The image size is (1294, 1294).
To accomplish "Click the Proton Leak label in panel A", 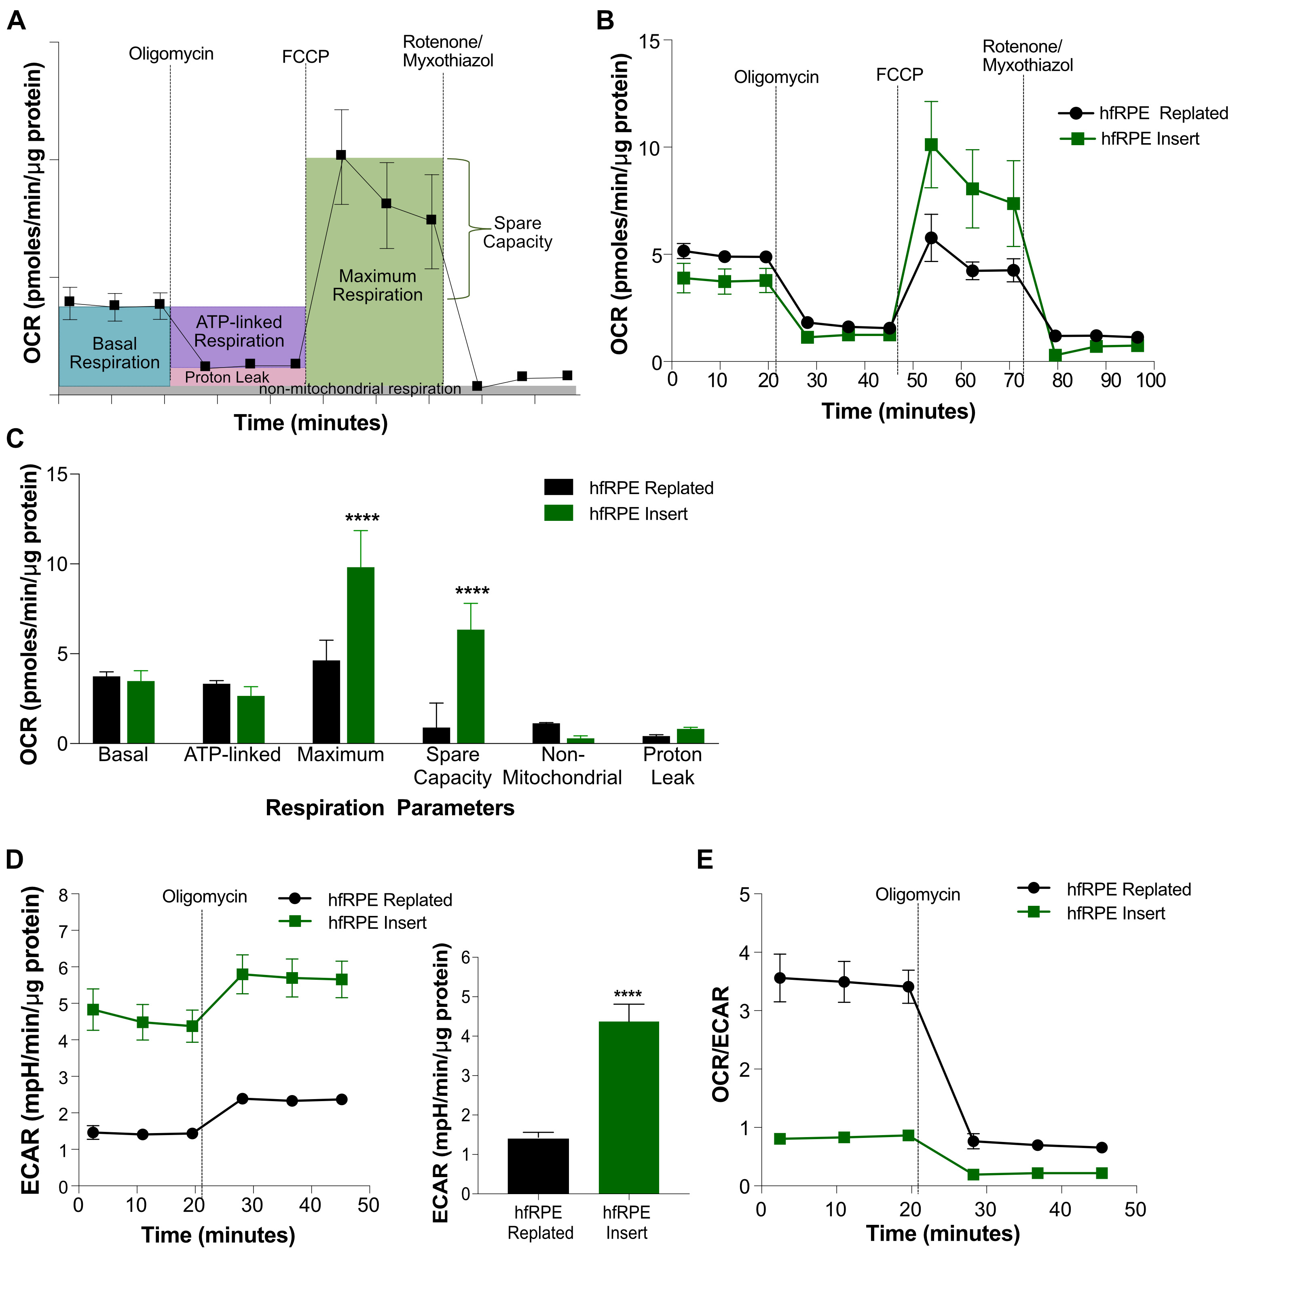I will click(x=226, y=377).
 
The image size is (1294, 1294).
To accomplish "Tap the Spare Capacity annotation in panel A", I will click(x=517, y=233).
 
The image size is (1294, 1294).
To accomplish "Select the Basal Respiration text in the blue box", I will click(x=114, y=353).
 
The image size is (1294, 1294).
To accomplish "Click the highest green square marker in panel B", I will click(x=931, y=145).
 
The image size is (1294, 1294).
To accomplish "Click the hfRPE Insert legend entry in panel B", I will click(x=1149, y=139).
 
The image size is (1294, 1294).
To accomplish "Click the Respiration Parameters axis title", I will click(x=390, y=808).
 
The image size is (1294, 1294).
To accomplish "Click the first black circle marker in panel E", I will click(x=780, y=978).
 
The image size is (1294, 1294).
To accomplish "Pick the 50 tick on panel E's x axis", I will click(x=1135, y=1209).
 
